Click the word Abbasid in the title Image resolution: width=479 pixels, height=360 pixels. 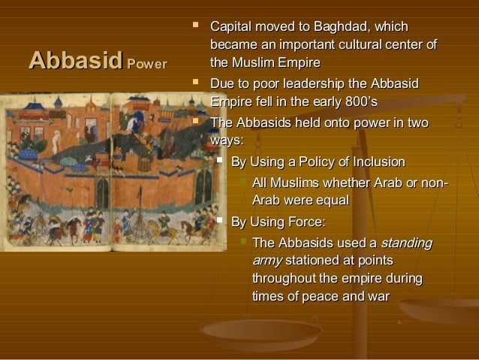click(x=74, y=59)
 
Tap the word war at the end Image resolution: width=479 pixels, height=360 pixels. click(x=377, y=296)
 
